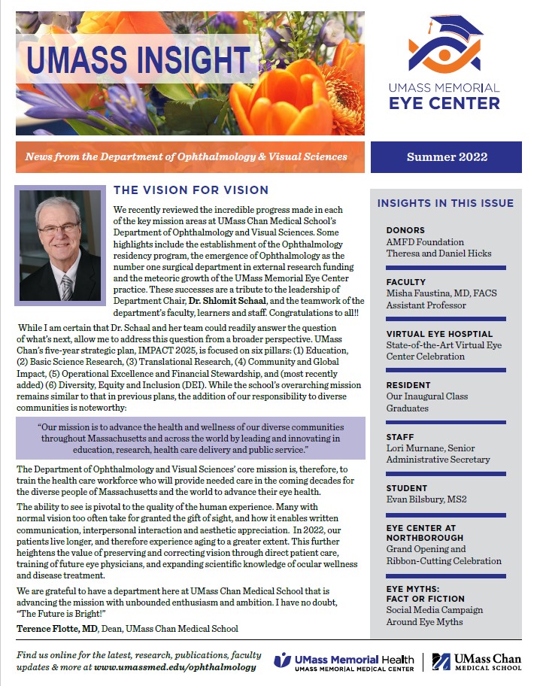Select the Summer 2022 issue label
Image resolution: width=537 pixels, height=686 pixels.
(x=446, y=157)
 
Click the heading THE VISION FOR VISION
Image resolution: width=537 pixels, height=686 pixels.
(x=190, y=190)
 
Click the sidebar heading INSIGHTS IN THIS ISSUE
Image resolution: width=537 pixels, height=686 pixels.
(x=445, y=203)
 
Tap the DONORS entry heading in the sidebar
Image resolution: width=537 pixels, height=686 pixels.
(x=405, y=230)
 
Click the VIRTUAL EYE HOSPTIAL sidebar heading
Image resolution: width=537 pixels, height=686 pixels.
(x=439, y=333)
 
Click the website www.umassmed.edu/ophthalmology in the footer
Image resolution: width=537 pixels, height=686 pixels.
(x=176, y=667)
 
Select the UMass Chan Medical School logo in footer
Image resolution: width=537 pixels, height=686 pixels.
(x=476, y=662)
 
